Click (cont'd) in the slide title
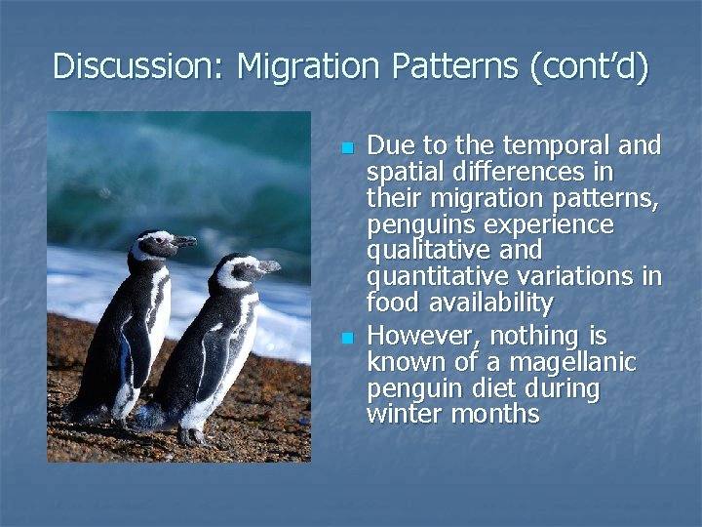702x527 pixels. pyautogui.click(x=589, y=67)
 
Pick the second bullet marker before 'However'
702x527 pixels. pyautogui.click(x=346, y=339)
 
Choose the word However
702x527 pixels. pyautogui.click(x=423, y=337)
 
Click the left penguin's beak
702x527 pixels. pyautogui.click(x=183, y=241)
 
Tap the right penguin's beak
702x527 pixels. pyautogui.click(x=268, y=265)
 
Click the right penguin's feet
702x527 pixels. pyautogui.click(x=195, y=435)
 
